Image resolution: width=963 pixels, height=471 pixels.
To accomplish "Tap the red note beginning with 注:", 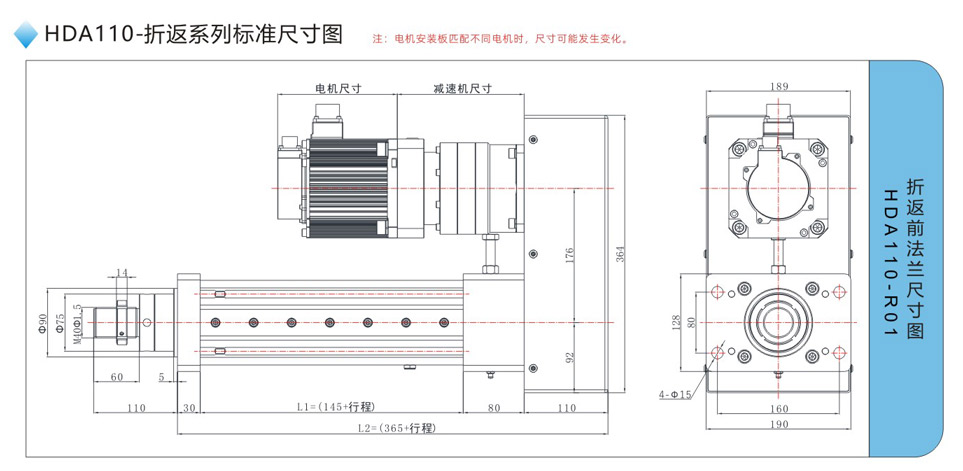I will click(500, 40).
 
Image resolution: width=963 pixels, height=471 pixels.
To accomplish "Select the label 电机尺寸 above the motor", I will click(337, 88).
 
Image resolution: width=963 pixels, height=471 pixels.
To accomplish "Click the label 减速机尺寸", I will click(462, 88).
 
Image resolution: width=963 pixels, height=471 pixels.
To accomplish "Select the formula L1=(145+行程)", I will click(335, 407).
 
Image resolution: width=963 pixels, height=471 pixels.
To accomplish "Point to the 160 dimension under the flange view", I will click(780, 408).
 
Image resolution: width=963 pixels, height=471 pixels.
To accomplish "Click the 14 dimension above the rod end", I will click(122, 272).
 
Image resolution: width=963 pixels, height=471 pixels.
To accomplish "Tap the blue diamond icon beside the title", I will click(27, 37).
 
